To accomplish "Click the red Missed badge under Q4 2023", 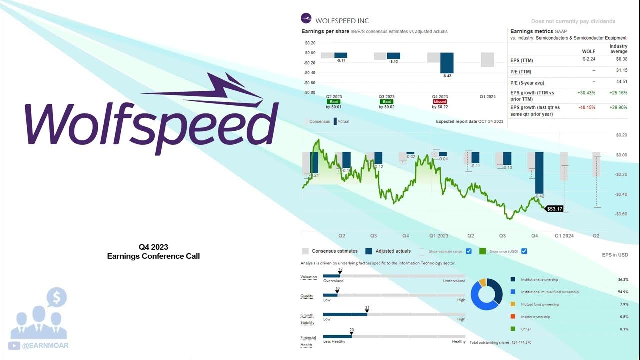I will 440,102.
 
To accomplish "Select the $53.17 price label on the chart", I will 555,209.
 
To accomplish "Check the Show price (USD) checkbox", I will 524,251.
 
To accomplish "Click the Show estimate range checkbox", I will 469,251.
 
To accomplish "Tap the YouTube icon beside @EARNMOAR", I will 14,345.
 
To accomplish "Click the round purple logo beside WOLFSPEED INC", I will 306,19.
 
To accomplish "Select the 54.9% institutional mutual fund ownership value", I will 623,292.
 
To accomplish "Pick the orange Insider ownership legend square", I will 513,317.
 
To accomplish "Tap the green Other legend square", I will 513,329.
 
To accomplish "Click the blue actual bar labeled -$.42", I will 447,63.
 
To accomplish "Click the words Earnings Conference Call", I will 153,256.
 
